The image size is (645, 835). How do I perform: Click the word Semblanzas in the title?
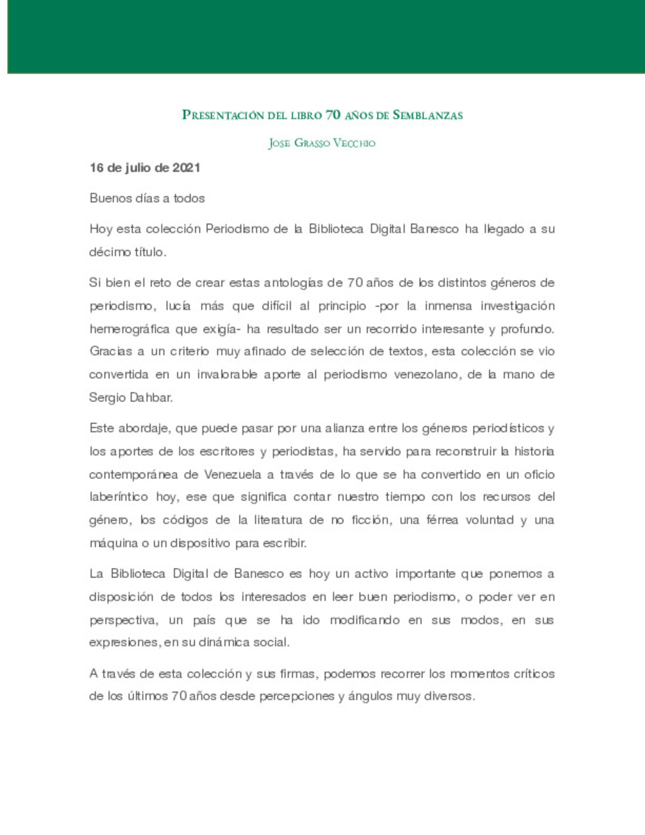point(428,115)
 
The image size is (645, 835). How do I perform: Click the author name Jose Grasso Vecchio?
point(322,143)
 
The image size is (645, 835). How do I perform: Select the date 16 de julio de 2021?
point(145,168)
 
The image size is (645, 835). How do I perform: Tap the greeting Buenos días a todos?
point(147,198)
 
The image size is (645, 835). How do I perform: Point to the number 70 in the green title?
point(333,115)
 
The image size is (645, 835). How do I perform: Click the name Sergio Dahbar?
point(131,397)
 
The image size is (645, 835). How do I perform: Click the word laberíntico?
point(118,497)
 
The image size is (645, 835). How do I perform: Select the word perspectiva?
point(124,620)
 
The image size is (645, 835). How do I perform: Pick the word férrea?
point(442,520)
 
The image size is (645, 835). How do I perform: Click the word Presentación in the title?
point(223,115)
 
